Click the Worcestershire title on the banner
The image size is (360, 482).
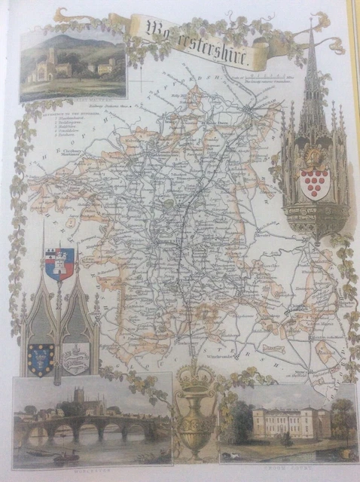tap(202, 40)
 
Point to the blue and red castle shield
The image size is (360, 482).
tap(60, 264)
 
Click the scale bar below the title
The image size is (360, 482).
tap(273, 75)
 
